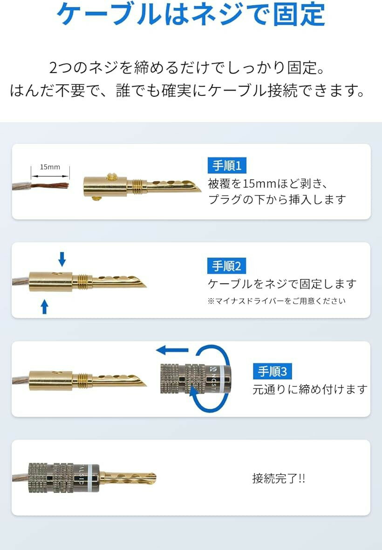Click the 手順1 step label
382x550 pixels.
pyautogui.click(x=227, y=166)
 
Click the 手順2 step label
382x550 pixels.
pyautogui.click(x=227, y=266)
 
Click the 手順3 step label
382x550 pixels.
pyautogui.click(x=273, y=371)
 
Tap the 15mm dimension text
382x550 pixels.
pyautogui.click(x=50, y=167)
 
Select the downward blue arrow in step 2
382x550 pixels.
pyautogui.click(x=62, y=258)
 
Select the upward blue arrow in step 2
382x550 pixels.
pyautogui.click(x=45, y=306)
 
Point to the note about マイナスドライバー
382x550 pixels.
pyautogui.click(x=277, y=301)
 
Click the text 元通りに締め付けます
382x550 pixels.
pyautogui.click(x=310, y=389)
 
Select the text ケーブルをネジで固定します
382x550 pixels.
pyautogui.click(x=282, y=284)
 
